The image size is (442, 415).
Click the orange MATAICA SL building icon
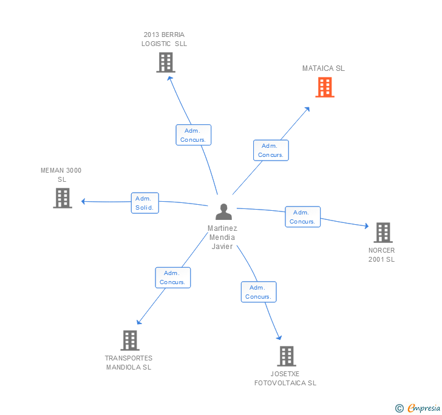click(325, 87)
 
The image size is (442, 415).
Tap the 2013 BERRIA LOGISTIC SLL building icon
click(165, 62)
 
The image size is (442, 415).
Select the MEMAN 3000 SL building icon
click(63, 198)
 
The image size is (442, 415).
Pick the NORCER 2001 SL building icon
click(382, 233)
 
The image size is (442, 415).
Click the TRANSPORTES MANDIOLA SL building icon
click(130, 340)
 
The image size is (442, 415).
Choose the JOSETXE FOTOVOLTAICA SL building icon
click(287, 356)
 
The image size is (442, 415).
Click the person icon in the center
click(223, 212)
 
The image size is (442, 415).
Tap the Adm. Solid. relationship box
click(144, 203)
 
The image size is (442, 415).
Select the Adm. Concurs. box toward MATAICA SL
click(270, 150)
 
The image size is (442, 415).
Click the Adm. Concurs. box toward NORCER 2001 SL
click(302, 217)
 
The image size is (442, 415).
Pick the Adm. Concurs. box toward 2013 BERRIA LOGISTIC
click(194, 135)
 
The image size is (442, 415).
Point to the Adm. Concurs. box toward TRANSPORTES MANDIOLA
click(172, 277)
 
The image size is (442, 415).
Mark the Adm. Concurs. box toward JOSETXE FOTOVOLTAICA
click(258, 292)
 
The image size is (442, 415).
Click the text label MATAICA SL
click(324, 68)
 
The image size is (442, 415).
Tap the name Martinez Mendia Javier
click(222, 237)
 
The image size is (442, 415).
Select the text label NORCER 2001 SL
click(381, 254)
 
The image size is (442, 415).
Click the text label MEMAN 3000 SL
click(61, 174)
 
